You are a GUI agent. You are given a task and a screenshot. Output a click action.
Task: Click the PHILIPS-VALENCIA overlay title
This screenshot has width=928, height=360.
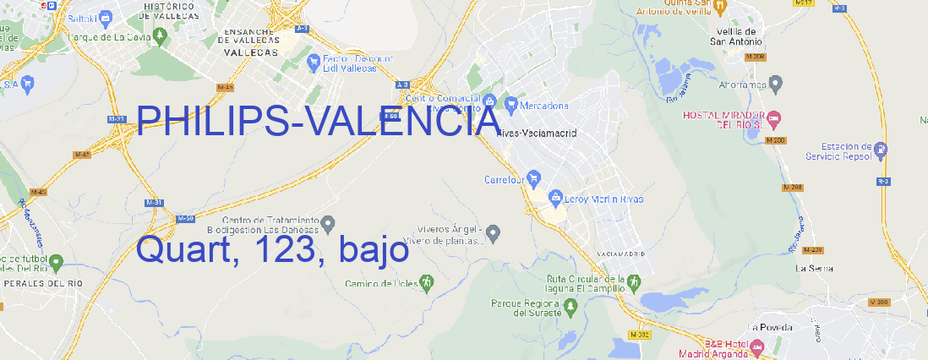click(x=318, y=123)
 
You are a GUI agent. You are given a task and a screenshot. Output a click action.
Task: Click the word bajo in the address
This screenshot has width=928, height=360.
click(x=373, y=251)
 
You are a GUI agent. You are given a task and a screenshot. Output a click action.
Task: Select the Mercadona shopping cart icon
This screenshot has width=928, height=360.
click(x=510, y=106)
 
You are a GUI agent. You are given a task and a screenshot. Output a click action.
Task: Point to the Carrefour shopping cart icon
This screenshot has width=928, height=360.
click(x=535, y=178)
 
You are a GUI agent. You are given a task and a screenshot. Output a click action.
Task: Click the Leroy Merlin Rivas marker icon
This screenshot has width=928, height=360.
click(x=555, y=199)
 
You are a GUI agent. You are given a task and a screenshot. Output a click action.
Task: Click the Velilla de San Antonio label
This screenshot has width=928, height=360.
click(x=734, y=34)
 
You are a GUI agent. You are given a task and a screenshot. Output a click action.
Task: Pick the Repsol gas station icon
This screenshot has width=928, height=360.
click(x=882, y=151)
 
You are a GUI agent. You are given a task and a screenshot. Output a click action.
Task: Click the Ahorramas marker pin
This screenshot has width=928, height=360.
click(x=777, y=83)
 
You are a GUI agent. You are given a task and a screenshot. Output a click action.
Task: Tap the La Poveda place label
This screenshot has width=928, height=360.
click(x=770, y=327)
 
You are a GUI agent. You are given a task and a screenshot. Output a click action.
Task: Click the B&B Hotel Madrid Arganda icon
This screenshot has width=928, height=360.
click(x=757, y=346)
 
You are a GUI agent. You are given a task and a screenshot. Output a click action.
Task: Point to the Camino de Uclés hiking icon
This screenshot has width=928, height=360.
click(x=427, y=281)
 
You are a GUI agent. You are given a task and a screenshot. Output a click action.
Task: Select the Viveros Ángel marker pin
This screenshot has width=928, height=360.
click(x=495, y=232)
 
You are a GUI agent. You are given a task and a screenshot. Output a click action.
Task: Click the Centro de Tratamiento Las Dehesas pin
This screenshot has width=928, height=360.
click(x=329, y=223)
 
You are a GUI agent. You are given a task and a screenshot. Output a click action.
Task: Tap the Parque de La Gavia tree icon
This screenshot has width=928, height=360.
click(x=60, y=37)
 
